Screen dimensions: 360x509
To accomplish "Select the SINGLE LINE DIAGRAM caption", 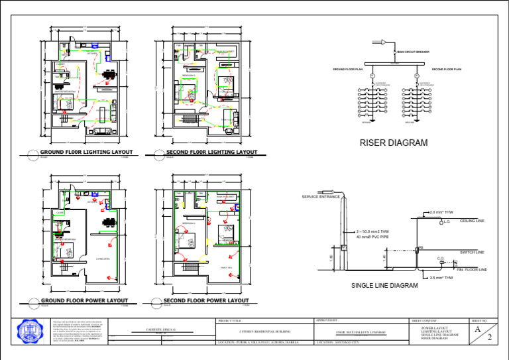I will tap(384, 286).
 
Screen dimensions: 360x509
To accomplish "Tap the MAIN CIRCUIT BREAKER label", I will tap(413, 51).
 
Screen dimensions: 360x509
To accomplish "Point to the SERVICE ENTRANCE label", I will tap(321, 197).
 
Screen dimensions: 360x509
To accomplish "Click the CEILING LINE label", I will tap(472, 221).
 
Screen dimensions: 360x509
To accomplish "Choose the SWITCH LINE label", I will tap(472, 252).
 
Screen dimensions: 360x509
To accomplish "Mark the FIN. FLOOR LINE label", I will tap(472, 270).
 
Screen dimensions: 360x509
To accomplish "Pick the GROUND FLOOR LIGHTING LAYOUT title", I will tap(86, 152).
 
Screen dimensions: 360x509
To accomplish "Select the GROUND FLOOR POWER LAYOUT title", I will tap(84, 300).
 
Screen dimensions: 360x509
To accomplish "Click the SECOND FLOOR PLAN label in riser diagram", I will tap(446, 69).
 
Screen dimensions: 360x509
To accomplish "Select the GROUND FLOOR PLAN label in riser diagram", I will tap(347, 69).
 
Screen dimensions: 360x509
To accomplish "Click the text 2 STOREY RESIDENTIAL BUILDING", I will tap(264, 330).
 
